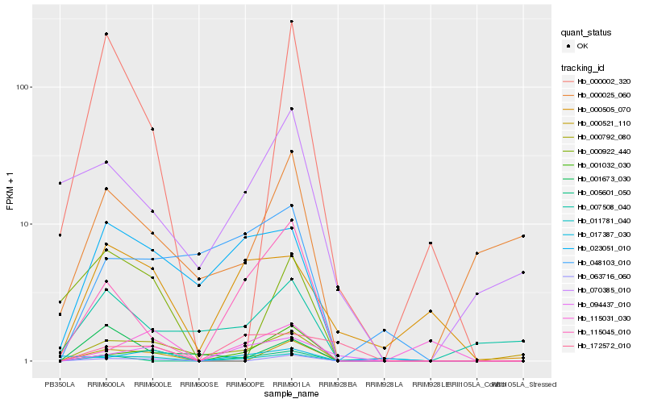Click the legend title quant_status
pos(587,32)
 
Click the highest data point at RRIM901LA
pos(291,21)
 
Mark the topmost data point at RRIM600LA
pos(106,34)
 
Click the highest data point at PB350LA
pos(60,183)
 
